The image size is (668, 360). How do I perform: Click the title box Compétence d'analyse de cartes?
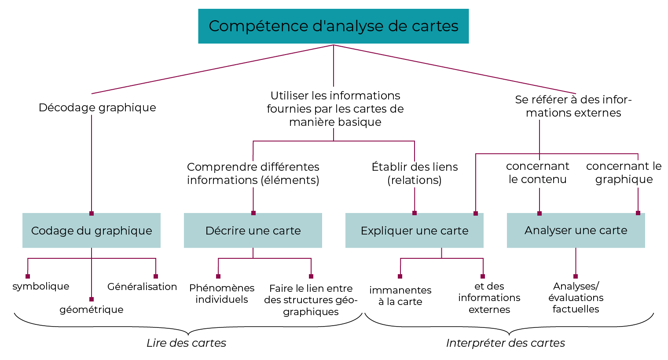point(333,26)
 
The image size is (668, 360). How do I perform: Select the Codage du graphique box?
point(92,231)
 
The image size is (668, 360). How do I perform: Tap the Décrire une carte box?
point(253,231)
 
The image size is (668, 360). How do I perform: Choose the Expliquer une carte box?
point(414,231)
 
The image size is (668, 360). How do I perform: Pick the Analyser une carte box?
point(576,231)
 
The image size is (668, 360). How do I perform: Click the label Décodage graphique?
point(97,107)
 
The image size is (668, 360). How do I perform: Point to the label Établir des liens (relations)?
point(415,173)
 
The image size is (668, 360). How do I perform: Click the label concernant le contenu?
point(537,173)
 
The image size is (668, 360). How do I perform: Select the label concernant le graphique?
point(624,173)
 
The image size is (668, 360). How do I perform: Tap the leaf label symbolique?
point(41,286)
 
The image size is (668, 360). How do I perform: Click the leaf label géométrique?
point(92,309)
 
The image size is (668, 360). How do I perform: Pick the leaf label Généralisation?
point(142,287)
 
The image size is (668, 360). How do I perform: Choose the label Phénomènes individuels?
point(222,294)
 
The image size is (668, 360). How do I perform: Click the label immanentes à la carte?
point(400,296)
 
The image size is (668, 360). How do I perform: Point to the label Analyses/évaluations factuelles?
point(576,298)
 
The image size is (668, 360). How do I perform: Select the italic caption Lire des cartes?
point(186,343)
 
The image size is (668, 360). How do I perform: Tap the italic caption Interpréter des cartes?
point(505,343)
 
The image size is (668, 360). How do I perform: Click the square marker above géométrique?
point(92,299)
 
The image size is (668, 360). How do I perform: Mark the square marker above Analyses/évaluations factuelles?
point(576,276)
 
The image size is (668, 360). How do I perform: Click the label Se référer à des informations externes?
point(573,106)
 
